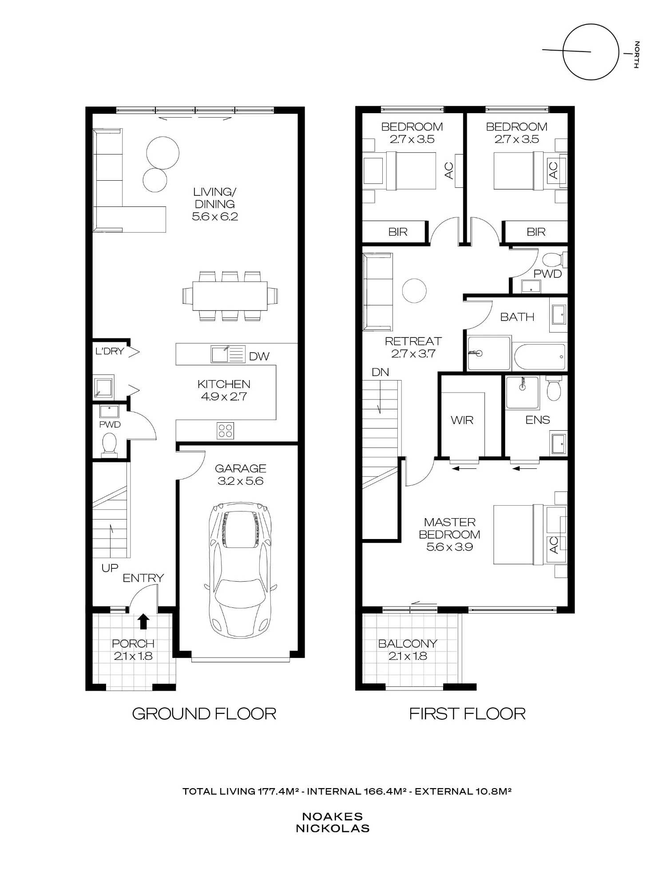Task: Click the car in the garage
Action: coord(240,571)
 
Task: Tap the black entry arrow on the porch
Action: coord(143,622)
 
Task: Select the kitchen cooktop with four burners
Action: coord(226,431)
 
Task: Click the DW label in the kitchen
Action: coord(259,356)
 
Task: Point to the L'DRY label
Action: coord(110,351)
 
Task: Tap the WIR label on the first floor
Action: coord(462,420)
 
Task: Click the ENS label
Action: coord(538,420)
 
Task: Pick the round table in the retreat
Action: coord(414,291)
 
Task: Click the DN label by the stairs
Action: coord(381,372)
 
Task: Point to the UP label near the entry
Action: coord(110,568)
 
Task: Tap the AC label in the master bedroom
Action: coord(554,545)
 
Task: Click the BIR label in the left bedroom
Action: coord(398,232)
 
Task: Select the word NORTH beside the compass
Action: coord(637,55)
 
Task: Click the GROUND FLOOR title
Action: coord(204,714)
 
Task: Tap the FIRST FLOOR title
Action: coord(467,714)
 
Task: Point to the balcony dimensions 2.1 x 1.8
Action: coord(408,656)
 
